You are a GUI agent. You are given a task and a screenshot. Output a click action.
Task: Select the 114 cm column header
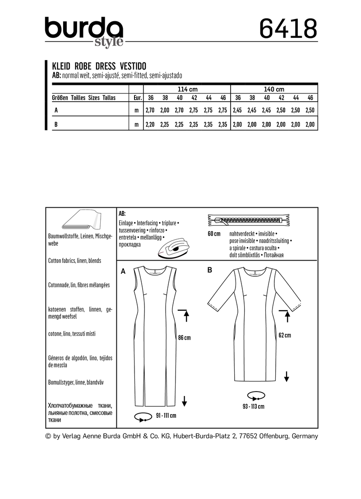[x=188, y=89]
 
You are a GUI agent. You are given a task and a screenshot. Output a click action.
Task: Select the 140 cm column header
[x=274, y=89]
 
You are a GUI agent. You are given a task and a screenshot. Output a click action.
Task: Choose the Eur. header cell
[x=136, y=98]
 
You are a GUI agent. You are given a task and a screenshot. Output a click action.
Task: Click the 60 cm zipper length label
[x=214, y=234]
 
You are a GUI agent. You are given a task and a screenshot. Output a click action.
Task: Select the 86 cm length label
[x=184, y=338]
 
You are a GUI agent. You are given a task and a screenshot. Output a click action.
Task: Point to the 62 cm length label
[x=284, y=335]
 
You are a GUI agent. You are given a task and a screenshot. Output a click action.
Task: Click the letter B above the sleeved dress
[x=209, y=270]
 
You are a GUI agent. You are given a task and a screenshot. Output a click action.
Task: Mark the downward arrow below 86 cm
[x=184, y=399]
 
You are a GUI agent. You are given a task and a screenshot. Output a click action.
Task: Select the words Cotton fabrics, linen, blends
[x=74, y=261]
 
